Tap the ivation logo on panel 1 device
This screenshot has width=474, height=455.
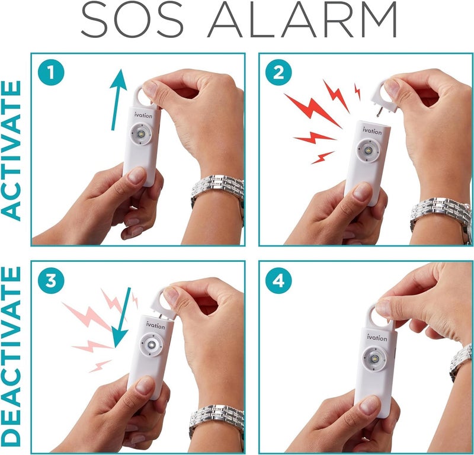(143, 116)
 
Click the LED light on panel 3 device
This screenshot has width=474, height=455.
(153, 345)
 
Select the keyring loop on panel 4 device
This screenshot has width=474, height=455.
(380, 317)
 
